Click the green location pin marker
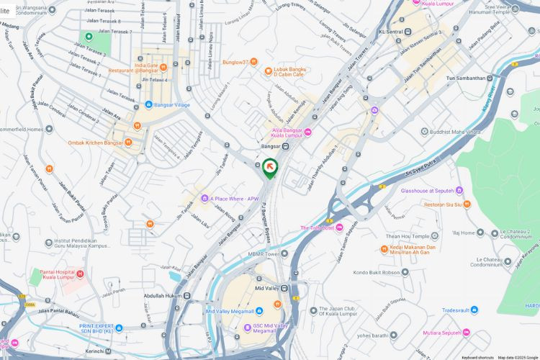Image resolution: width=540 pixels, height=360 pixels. pyautogui.click(x=270, y=168)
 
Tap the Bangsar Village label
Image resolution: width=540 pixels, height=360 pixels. pyautogui.click(x=172, y=104)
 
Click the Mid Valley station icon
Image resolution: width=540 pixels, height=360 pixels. pyautogui.click(x=284, y=288)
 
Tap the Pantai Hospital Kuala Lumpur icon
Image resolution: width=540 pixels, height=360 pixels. pyautogui.click(x=80, y=274)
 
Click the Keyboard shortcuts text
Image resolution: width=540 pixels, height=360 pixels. pyautogui.click(x=477, y=357)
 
